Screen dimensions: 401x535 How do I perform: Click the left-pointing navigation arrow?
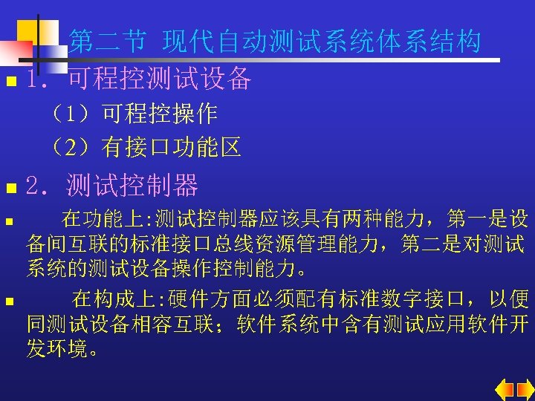tap(505, 388)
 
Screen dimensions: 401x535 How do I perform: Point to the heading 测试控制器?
tap(132, 184)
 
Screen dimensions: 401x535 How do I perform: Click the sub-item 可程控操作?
tap(159, 114)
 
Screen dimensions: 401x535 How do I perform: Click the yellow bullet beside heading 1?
tap(8, 80)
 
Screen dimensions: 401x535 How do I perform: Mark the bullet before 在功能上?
tap(7, 221)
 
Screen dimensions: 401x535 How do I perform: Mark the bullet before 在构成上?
tap(7, 301)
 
